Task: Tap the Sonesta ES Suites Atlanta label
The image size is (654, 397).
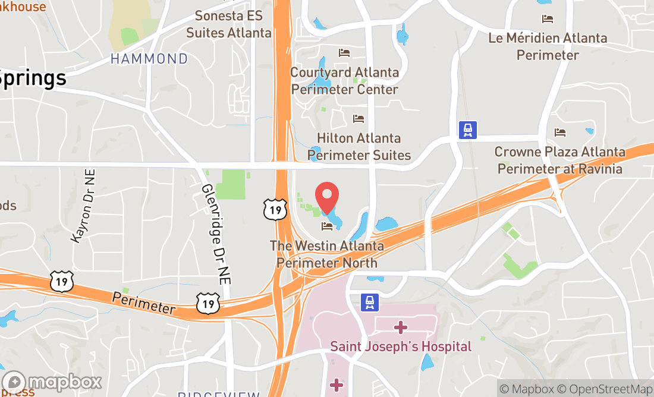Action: coord(229,24)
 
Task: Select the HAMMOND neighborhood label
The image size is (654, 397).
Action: coord(149,59)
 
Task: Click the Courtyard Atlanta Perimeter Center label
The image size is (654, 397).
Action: coord(345,81)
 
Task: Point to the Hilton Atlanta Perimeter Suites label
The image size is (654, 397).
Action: coord(359,147)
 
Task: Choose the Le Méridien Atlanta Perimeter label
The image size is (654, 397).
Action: coord(548,46)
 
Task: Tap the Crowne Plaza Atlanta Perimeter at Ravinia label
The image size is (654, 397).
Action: coord(559,160)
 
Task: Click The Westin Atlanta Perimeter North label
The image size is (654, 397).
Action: coord(326,254)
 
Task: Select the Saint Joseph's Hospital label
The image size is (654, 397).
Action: coord(401,346)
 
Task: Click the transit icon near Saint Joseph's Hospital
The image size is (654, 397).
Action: coord(370,303)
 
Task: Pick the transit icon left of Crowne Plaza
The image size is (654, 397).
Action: coord(468,130)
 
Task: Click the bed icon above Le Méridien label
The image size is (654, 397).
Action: coord(548,19)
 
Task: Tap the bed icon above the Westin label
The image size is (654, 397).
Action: coord(326,226)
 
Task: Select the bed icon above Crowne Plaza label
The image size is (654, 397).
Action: coord(559,132)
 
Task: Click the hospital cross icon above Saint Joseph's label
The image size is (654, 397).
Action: coord(401,326)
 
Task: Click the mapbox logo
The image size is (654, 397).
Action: coord(52,381)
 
